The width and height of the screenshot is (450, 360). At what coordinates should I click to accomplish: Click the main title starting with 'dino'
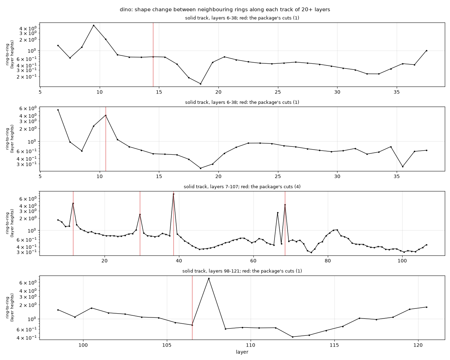pyautogui.click(x=225, y=10)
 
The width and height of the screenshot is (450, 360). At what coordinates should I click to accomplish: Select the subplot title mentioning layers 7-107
pyautogui.click(x=242, y=187)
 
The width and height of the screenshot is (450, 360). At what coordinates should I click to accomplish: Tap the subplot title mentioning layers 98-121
pyautogui.click(x=242, y=271)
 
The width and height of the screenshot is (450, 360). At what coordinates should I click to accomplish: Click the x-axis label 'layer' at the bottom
pyautogui.click(x=242, y=352)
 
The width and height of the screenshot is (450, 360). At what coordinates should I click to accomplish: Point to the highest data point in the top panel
pyautogui.click(x=94, y=26)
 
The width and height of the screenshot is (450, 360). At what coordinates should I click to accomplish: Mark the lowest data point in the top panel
pyautogui.click(x=200, y=84)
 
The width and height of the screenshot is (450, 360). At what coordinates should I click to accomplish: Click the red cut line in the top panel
pyautogui.click(x=153, y=55)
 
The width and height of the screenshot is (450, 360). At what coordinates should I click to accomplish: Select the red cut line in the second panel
pyautogui.click(x=106, y=139)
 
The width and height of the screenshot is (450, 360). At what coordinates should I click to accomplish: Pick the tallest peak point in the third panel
pyautogui.click(x=173, y=194)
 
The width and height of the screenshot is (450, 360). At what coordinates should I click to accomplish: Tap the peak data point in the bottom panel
pyautogui.click(x=209, y=278)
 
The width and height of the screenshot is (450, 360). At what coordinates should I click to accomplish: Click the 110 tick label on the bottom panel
pyautogui.click(x=251, y=345)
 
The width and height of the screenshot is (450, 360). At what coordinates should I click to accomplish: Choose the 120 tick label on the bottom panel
pyautogui.click(x=418, y=345)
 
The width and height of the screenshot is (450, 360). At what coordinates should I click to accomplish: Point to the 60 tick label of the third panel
pyautogui.click(x=253, y=261)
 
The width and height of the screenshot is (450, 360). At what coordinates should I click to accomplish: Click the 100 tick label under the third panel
pyautogui.click(x=402, y=261)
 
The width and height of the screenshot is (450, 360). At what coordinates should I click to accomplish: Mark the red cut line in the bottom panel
pyautogui.click(x=192, y=307)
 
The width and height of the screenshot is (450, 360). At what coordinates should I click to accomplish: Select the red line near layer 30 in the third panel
pyautogui.click(x=140, y=223)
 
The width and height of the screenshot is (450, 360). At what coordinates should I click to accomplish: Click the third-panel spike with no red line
pyautogui.click(x=278, y=213)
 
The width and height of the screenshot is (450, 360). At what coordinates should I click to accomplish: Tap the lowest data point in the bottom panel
pyautogui.click(x=292, y=337)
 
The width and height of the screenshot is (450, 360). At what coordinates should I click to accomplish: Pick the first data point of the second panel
pyautogui.click(x=58, y=110)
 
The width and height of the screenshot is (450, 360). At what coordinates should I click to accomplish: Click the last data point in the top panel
pyautogui.click(x=426, y=51)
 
